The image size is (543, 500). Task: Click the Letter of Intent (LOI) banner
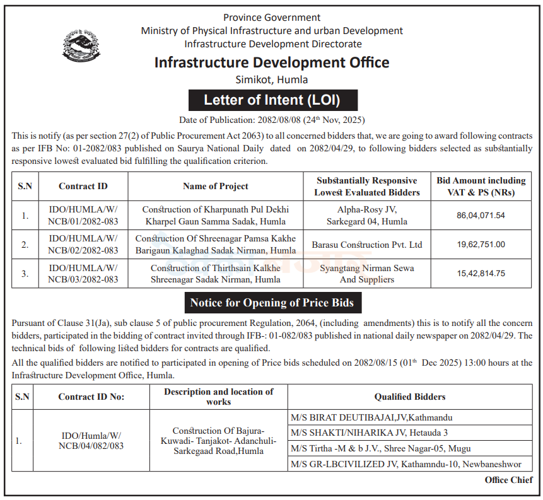point(272,100)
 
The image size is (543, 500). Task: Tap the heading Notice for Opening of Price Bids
point(272,303)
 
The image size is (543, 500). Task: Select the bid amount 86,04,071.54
point(481,216)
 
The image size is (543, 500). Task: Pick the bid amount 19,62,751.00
point(481,245)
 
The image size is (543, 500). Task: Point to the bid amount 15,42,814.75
point(481,274)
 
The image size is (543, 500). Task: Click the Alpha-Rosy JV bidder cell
point(366,216)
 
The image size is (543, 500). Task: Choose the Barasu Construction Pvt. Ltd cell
point(366,245)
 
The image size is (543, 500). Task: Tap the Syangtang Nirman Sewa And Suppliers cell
point(366,274)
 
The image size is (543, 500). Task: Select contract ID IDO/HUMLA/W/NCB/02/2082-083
point(83,245)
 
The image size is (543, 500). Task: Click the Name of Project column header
point(216,187)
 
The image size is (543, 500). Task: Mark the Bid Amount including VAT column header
point(481,187)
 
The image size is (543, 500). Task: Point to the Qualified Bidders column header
point(409,397)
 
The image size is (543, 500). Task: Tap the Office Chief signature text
point(508,480)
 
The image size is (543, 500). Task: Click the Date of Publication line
point(272,120)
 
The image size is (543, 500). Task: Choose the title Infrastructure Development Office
point(272,62)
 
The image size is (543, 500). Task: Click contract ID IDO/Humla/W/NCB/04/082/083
point(93,441)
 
